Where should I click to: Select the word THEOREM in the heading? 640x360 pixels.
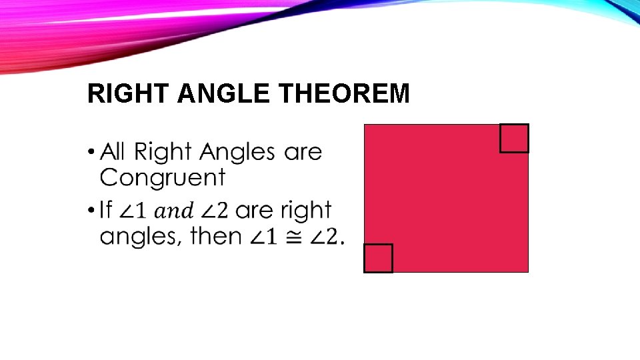coord(344,95)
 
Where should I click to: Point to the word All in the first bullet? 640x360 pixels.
coord(112,152)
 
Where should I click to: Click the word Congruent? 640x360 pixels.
coord(163,178)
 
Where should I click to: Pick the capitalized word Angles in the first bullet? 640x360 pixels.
coord(237,153)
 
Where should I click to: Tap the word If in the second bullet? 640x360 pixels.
coord(105,211)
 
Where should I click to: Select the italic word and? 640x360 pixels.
coord(173,212)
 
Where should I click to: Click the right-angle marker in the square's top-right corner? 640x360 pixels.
coord(514,139)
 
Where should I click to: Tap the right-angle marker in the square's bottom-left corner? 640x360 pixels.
coord(378,258)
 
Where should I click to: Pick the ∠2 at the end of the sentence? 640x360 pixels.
coord(325,237)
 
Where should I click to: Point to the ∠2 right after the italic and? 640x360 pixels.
coord(215,211)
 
